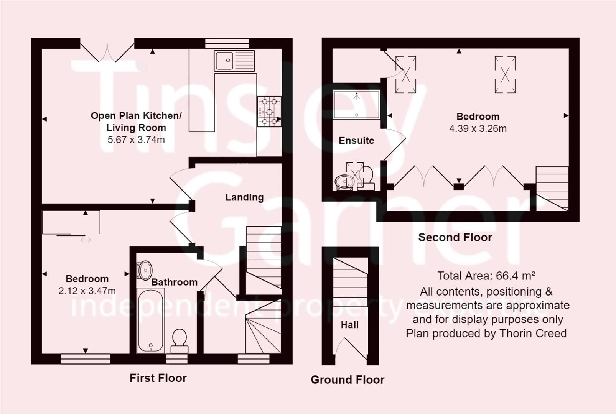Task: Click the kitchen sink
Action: (234, 61)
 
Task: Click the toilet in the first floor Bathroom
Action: (179, 340)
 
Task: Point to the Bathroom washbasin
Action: (145, 270)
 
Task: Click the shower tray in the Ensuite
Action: (356, 104)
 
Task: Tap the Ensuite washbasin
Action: (344, 181)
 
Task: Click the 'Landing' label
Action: (244, 197)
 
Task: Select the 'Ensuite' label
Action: (356, 141)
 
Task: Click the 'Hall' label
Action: (349, 325)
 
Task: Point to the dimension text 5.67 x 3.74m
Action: (136, 140)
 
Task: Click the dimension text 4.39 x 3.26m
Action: (478, 129)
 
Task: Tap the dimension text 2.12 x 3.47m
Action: (87, 291)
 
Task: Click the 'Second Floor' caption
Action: (455, 237)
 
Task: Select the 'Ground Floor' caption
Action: (347, 379)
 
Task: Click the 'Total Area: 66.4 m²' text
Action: (486, 276)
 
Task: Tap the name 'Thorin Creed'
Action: (533, 333)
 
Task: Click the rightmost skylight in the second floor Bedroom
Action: (505, 74)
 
